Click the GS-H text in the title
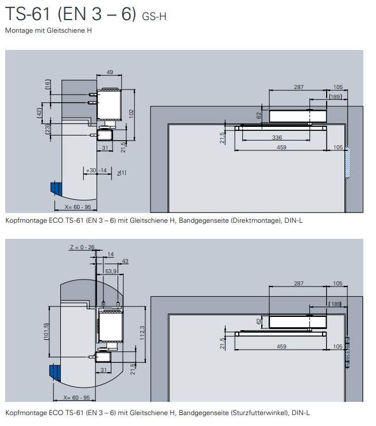tap(154, 17)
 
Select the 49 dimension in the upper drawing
tap(110, 72)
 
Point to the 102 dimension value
tap(131, 113)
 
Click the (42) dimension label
tap(40, 113)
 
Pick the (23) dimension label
tap(48, 130)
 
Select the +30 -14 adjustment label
tap(96, 171)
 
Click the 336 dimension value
tap(277, 138)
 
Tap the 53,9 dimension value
tap(111, 270)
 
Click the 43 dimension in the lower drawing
tap(125, 261)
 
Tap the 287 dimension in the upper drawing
tap(299, 87)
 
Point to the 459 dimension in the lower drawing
tap(281, 346)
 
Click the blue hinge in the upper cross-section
tap(56, 189)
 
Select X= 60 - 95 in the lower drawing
tap(77, 398)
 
